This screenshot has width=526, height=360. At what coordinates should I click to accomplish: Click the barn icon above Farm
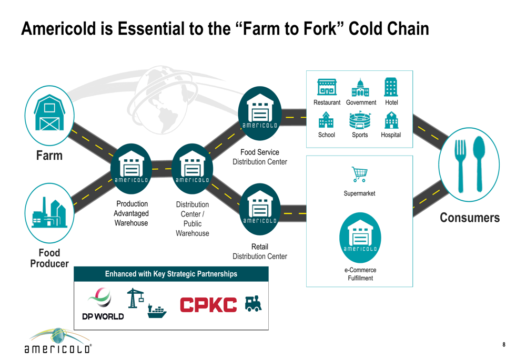point(49,112)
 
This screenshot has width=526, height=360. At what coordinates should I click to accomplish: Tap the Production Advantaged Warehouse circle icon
point(131,169)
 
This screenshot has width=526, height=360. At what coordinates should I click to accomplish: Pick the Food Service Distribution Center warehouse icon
point(260,114)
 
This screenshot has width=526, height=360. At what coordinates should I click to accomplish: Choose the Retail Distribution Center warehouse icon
point(260,209)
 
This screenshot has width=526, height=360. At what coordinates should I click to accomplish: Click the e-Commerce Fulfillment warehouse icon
point(360,238)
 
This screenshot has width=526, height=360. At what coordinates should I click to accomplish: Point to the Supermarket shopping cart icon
point(360,174)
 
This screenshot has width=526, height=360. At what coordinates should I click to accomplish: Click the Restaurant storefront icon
point(327,87)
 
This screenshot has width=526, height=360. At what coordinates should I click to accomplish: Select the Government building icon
point(360,87)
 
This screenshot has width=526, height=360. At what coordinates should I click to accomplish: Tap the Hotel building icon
point(391,87)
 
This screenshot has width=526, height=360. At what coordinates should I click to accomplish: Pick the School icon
point(326,120)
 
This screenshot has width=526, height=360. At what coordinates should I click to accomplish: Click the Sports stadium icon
point(360,120)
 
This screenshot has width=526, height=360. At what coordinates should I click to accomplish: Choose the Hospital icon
point(391,120)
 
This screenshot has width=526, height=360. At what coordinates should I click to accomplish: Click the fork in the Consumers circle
point(460,166)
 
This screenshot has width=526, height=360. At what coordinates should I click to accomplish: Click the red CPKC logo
point(208,305)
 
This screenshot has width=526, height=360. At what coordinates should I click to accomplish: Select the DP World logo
point(103,304)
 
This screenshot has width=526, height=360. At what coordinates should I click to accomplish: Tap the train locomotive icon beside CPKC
point(254,303)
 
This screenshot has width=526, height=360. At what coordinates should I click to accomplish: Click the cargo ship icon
point(157,312)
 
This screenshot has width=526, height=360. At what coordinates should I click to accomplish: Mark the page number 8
point(504,344)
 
